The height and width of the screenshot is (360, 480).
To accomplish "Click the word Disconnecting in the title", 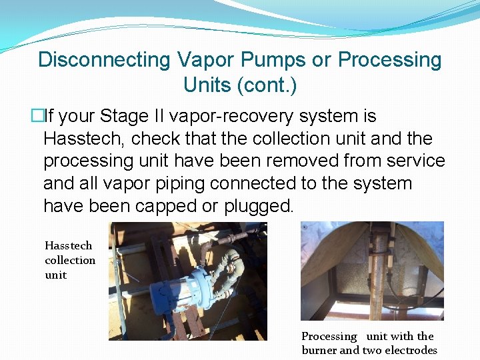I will click(105, 60).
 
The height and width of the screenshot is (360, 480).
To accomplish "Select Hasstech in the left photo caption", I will click(69, 245).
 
